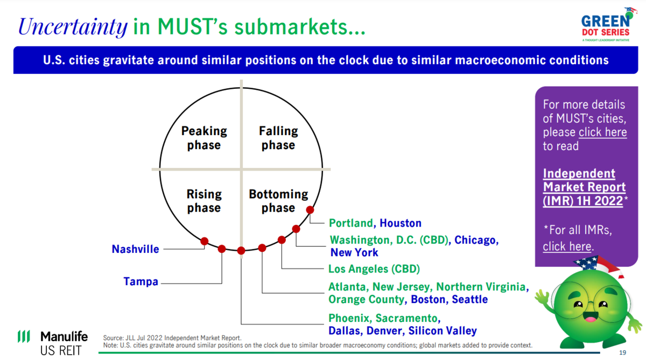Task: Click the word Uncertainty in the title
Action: (73, 27)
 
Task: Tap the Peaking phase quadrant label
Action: (204, 138)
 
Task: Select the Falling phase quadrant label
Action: (278, 138)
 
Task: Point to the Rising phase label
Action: (204, 201)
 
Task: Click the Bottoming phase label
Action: (278, 201)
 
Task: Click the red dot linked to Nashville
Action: (205, 241)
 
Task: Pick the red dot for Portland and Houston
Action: (310, 210)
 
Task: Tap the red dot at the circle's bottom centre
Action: (241, 250)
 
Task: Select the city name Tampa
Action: (141, 281)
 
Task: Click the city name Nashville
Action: (135, 249)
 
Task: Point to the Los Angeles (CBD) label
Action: (374, 269)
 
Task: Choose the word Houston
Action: (401, 223)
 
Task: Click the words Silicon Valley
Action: (443, 330)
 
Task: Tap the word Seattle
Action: (469, 299)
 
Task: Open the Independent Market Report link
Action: (584, 187)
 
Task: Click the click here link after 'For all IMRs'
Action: (567, 246)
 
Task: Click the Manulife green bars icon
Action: (24, 336)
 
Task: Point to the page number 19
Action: (622, 352)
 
